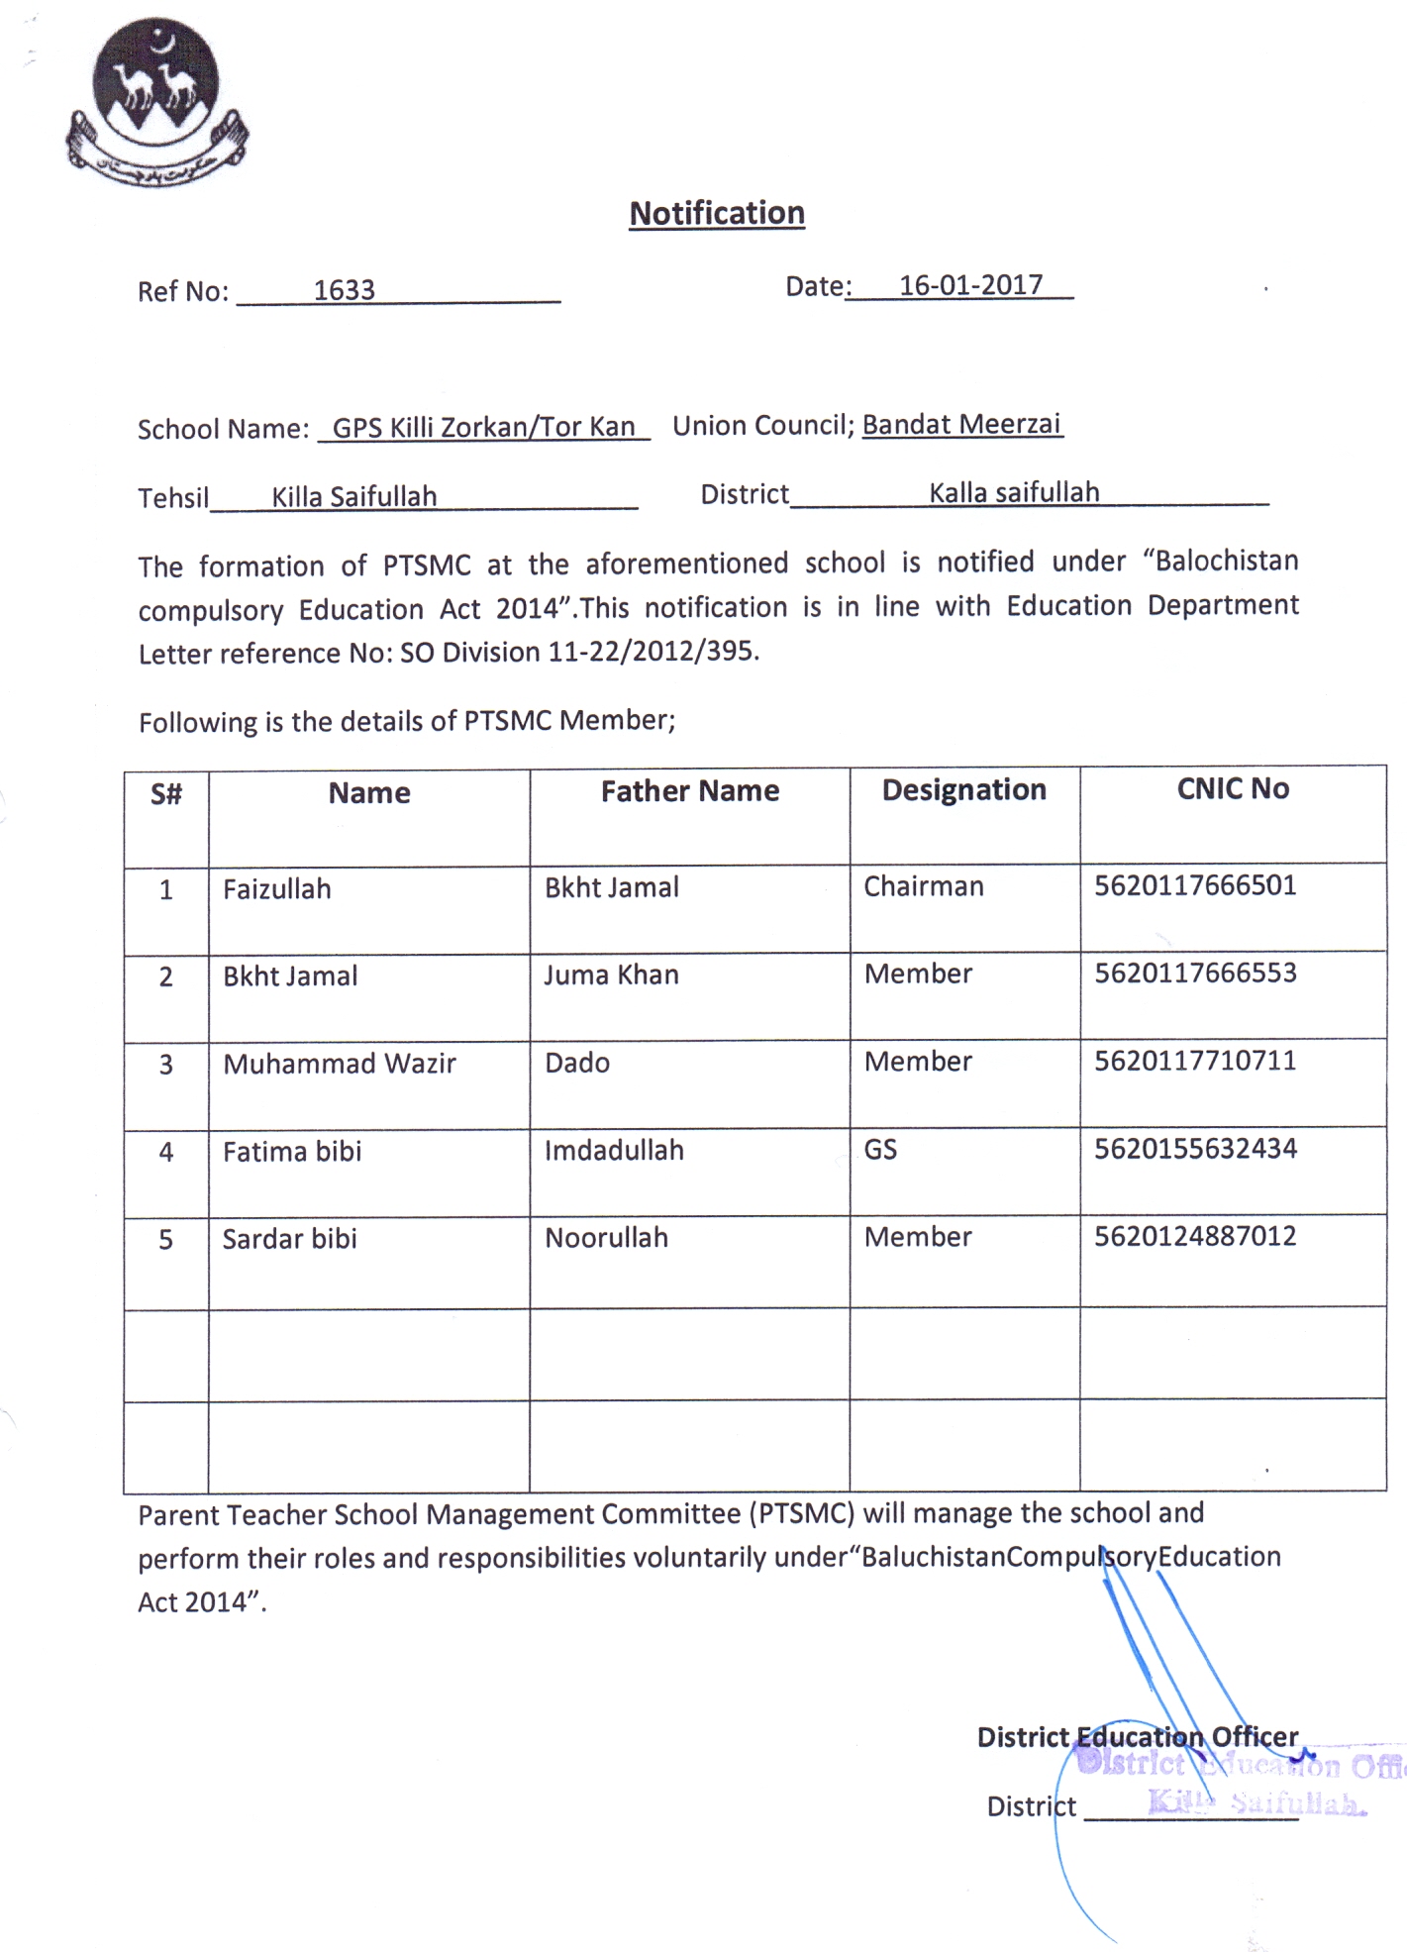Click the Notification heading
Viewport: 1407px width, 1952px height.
point(717,213)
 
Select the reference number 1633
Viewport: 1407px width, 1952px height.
point(344,290)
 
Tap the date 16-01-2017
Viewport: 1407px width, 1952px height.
point(970,285)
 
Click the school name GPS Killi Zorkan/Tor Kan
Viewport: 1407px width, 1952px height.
point(483,427)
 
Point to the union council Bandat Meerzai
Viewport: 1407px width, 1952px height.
point(961,424)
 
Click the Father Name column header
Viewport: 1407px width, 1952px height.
point(689,790)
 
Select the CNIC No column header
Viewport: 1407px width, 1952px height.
point(1233,788)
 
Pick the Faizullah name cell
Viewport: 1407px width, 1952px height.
point(276,889)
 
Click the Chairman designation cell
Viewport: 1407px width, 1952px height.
point(923,886)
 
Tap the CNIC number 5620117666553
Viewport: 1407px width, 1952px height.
point(1195,973)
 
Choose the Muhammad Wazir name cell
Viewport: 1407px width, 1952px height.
point(339,1064)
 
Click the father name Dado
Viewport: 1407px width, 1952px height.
point(577,1063)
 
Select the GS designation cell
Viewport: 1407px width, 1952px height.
point(880,1149)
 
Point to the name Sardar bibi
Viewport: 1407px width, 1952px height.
point(289,1239)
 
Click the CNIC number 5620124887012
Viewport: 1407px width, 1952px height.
point(1195,1236)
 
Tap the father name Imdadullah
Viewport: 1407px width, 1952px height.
point(614,1150)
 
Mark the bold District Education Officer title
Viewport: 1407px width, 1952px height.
point(1137,1737)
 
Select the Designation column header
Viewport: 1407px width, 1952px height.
point(963,789)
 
